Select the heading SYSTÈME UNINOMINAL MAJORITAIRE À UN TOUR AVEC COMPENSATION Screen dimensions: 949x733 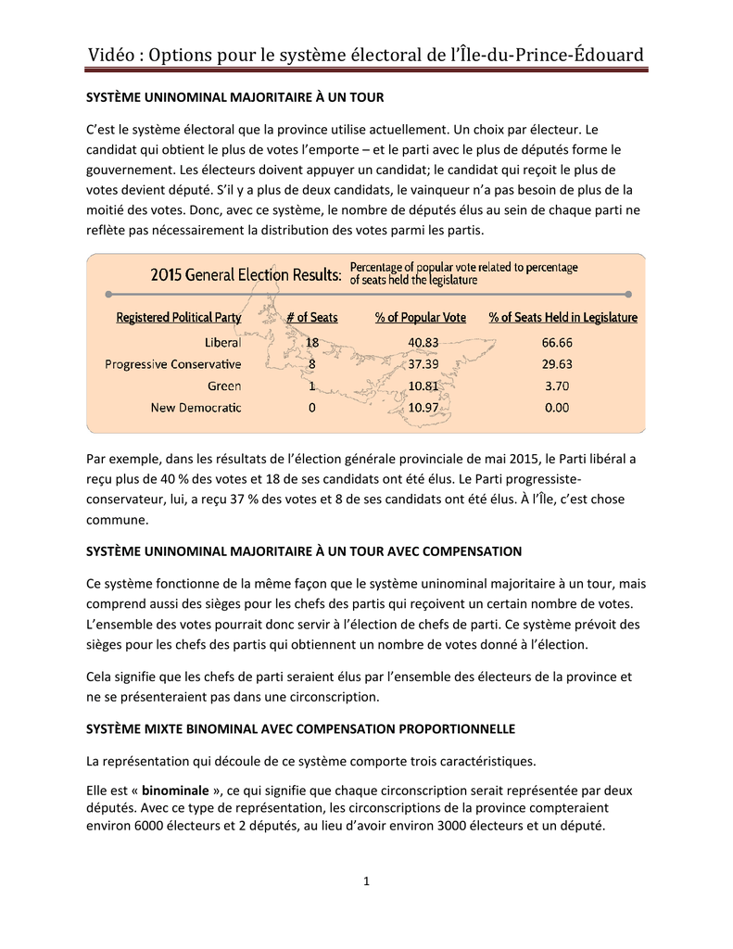[304, 551]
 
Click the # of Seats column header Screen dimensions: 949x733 [311, 318]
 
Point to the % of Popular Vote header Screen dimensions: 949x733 [421, 318]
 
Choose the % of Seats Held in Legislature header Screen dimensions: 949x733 [562, 318]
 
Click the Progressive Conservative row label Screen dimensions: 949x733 [173, 364]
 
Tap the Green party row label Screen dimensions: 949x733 [224, 386]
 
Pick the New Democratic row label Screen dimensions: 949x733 [196, 408]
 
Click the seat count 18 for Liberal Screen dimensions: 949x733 [311, 342]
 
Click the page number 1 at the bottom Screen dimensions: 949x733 [367, 880]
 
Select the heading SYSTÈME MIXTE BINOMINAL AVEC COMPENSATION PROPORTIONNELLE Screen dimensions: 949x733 [300, 728]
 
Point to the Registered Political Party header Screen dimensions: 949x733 [178, 318]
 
